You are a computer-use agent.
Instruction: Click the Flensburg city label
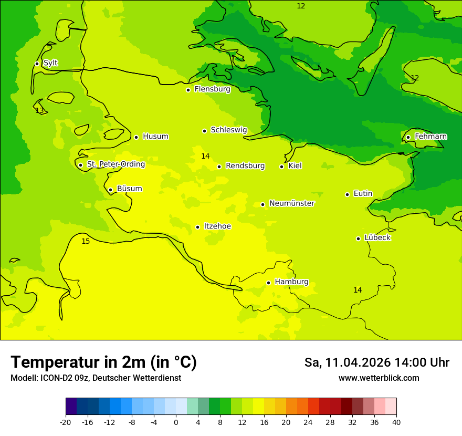point(212,89)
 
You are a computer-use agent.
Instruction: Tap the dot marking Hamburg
point(268,283)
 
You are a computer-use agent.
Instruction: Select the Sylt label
point(50,63)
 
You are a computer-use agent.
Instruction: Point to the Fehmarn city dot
point(408,137)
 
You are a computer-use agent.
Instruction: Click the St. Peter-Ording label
point(115,164)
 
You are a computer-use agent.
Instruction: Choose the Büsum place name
point(129,189)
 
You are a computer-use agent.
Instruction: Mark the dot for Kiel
point(281,167)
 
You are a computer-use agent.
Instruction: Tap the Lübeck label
point(377,237)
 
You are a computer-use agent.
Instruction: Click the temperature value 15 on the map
point(86,241)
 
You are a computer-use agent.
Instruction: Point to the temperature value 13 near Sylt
point(39,110)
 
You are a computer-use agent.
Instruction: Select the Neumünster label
point(291,203)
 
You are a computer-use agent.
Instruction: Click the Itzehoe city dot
point(197,227)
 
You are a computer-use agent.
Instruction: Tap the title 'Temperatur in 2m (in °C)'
point(103,362)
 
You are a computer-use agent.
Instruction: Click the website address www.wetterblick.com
point(379,378)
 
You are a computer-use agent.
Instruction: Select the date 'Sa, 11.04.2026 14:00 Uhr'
point(376,362)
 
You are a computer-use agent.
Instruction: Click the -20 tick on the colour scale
point(66,422)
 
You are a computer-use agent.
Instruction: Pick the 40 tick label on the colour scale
point(396,422)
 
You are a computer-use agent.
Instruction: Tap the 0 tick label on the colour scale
point(176,422)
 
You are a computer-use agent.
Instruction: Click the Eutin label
point(363,193)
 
